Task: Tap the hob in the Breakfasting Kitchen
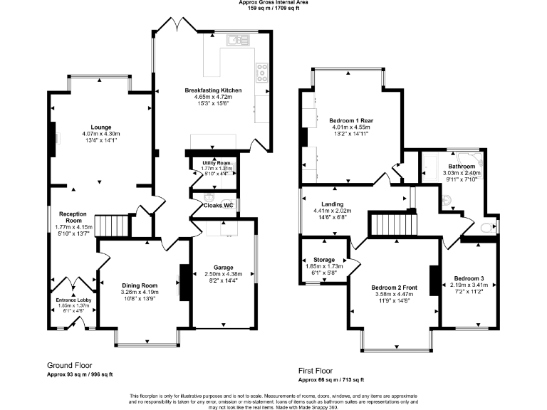(262, 73)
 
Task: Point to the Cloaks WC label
(219, 205)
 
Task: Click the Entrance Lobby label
(70, 300)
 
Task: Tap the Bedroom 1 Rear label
(351, 121)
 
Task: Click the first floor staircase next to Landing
(385, 226)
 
